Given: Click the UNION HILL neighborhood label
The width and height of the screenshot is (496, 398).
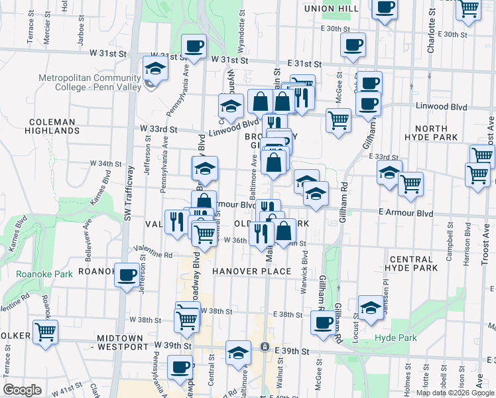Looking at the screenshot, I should point(332,9).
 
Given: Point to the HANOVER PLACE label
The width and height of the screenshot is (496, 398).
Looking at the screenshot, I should point(252,271).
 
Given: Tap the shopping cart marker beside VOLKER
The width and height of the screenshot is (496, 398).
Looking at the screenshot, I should point(46,331).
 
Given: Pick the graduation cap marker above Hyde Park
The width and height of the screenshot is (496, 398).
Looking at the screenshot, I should point(371,307).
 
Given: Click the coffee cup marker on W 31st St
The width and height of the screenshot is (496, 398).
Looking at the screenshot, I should point(194,46).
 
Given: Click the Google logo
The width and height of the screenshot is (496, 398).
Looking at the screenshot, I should point(22,390).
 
